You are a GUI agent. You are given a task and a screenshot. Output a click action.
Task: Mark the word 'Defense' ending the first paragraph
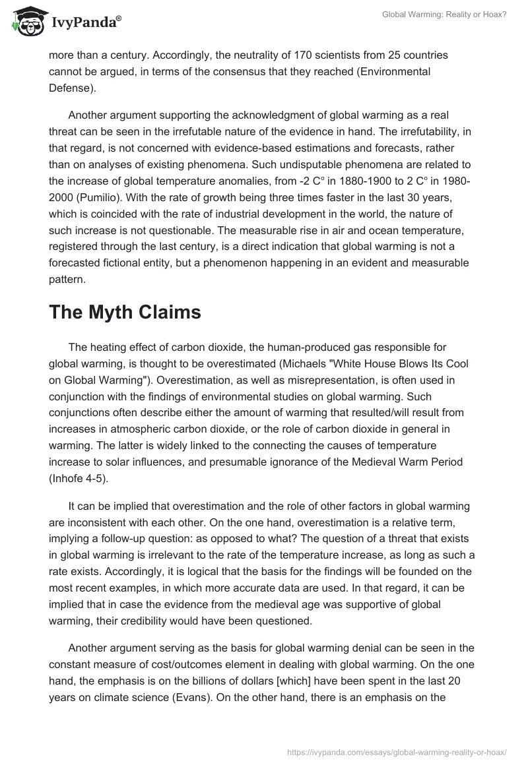pyautogui.click(x=69, y=86)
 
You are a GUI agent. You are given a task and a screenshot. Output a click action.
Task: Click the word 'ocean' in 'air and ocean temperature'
pyautogui.click(x=372, y=230)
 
